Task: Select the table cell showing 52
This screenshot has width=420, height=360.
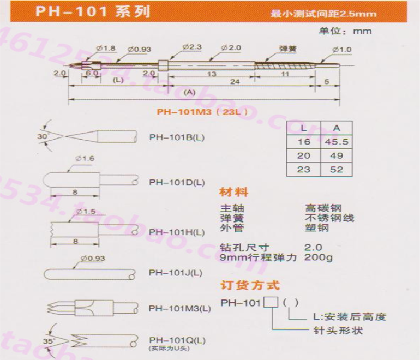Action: pos(337,169)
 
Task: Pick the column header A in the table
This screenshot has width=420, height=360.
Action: pos(337,128)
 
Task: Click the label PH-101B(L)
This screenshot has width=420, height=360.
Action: pos(177,137)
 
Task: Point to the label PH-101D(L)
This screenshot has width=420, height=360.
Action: pos(177,182)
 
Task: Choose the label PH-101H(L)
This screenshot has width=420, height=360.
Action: pos(177,232)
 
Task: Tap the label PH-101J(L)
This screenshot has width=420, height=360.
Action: pos(176,272)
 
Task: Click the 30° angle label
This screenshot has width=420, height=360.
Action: pos(43,135)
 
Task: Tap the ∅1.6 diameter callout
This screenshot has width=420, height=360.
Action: pos(86,158)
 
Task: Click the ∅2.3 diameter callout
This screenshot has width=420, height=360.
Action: pos(191,48)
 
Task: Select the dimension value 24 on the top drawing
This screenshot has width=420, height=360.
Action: pos(235,82)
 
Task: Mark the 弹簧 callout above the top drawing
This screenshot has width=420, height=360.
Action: pos(287,48)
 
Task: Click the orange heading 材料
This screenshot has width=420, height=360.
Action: pos(233,192)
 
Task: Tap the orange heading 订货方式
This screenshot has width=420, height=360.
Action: pos(250,285)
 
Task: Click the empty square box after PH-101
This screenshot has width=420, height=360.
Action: pos(270,302)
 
